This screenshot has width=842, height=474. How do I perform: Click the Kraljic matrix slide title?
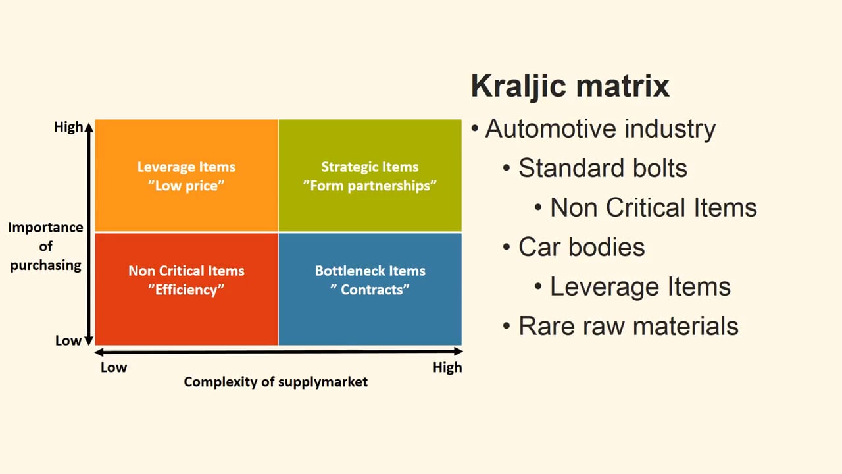point(570,86)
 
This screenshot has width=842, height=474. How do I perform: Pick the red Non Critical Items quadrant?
point(186,316)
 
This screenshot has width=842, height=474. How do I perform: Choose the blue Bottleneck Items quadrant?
point(370,316)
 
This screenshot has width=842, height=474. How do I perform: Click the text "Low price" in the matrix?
point(186,186)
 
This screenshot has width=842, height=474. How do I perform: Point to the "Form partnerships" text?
point(370,186)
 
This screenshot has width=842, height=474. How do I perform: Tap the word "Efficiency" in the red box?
point(186,290)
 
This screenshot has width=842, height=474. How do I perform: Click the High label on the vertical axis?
point(68,127)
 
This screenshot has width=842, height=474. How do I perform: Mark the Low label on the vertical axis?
point(68,340)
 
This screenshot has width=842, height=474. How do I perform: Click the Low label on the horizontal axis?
point(114,367)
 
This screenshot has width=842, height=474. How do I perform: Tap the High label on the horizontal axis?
point(447,367)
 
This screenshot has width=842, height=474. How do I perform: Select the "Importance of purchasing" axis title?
point(45,246)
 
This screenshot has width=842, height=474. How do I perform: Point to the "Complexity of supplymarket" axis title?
point(276,382)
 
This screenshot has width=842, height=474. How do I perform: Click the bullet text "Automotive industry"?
point(600,128)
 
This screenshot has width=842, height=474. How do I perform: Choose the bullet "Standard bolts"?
point(603,168)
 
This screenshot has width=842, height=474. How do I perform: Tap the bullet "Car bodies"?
point(582,247)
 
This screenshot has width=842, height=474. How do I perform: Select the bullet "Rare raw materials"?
point(628,326)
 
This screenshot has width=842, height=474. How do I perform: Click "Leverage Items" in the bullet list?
point(640,286)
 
